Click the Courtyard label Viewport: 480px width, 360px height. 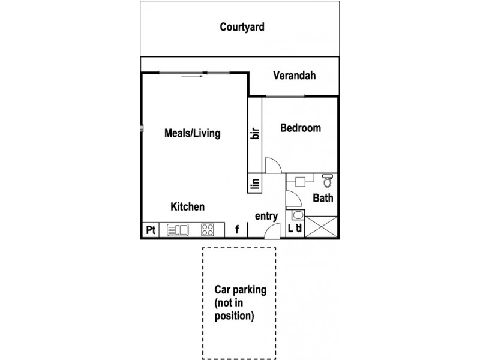(242, 27)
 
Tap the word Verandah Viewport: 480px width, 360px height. (294, 76)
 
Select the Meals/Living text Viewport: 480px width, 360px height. (192, 133)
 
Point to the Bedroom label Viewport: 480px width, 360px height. (300, 128)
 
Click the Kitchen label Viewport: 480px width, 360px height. (188, 206)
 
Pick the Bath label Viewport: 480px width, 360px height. (323, 198)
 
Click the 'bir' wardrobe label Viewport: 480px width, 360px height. (255, 133)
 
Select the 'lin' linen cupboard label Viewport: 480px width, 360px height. (255, 184)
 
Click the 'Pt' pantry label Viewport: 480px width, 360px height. (150, 229)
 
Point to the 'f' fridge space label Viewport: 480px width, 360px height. (237, 229)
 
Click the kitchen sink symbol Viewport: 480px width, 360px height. (178, 229)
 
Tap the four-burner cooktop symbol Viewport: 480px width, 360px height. (208, 229)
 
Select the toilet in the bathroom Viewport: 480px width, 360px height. (328, 180)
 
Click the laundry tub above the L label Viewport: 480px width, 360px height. (296, 217)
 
